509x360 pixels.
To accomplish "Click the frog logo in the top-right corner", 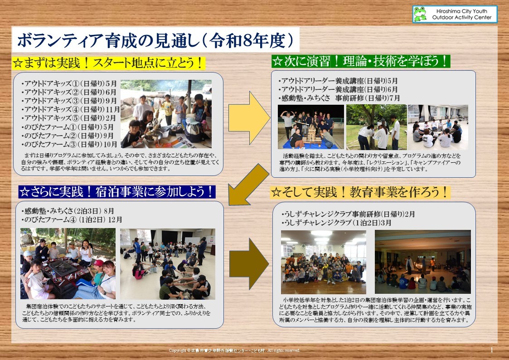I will (x=420, y=14).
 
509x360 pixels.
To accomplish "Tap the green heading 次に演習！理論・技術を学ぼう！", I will (x=361, y=61).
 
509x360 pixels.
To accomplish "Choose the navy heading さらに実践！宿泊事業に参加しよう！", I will (x=117, y=191).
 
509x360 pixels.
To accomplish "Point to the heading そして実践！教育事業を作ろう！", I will (x=360, y=192).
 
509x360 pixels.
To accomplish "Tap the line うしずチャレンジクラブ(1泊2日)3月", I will (x=336, y=223).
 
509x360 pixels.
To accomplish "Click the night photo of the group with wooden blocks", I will (x=310, y=127).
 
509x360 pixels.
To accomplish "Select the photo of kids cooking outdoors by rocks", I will (x=166, y=114).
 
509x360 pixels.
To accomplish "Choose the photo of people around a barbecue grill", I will (x=68, y=263).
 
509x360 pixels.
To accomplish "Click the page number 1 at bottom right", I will (x=492, y=350).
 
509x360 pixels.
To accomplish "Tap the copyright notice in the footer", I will (x=234, y=350).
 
